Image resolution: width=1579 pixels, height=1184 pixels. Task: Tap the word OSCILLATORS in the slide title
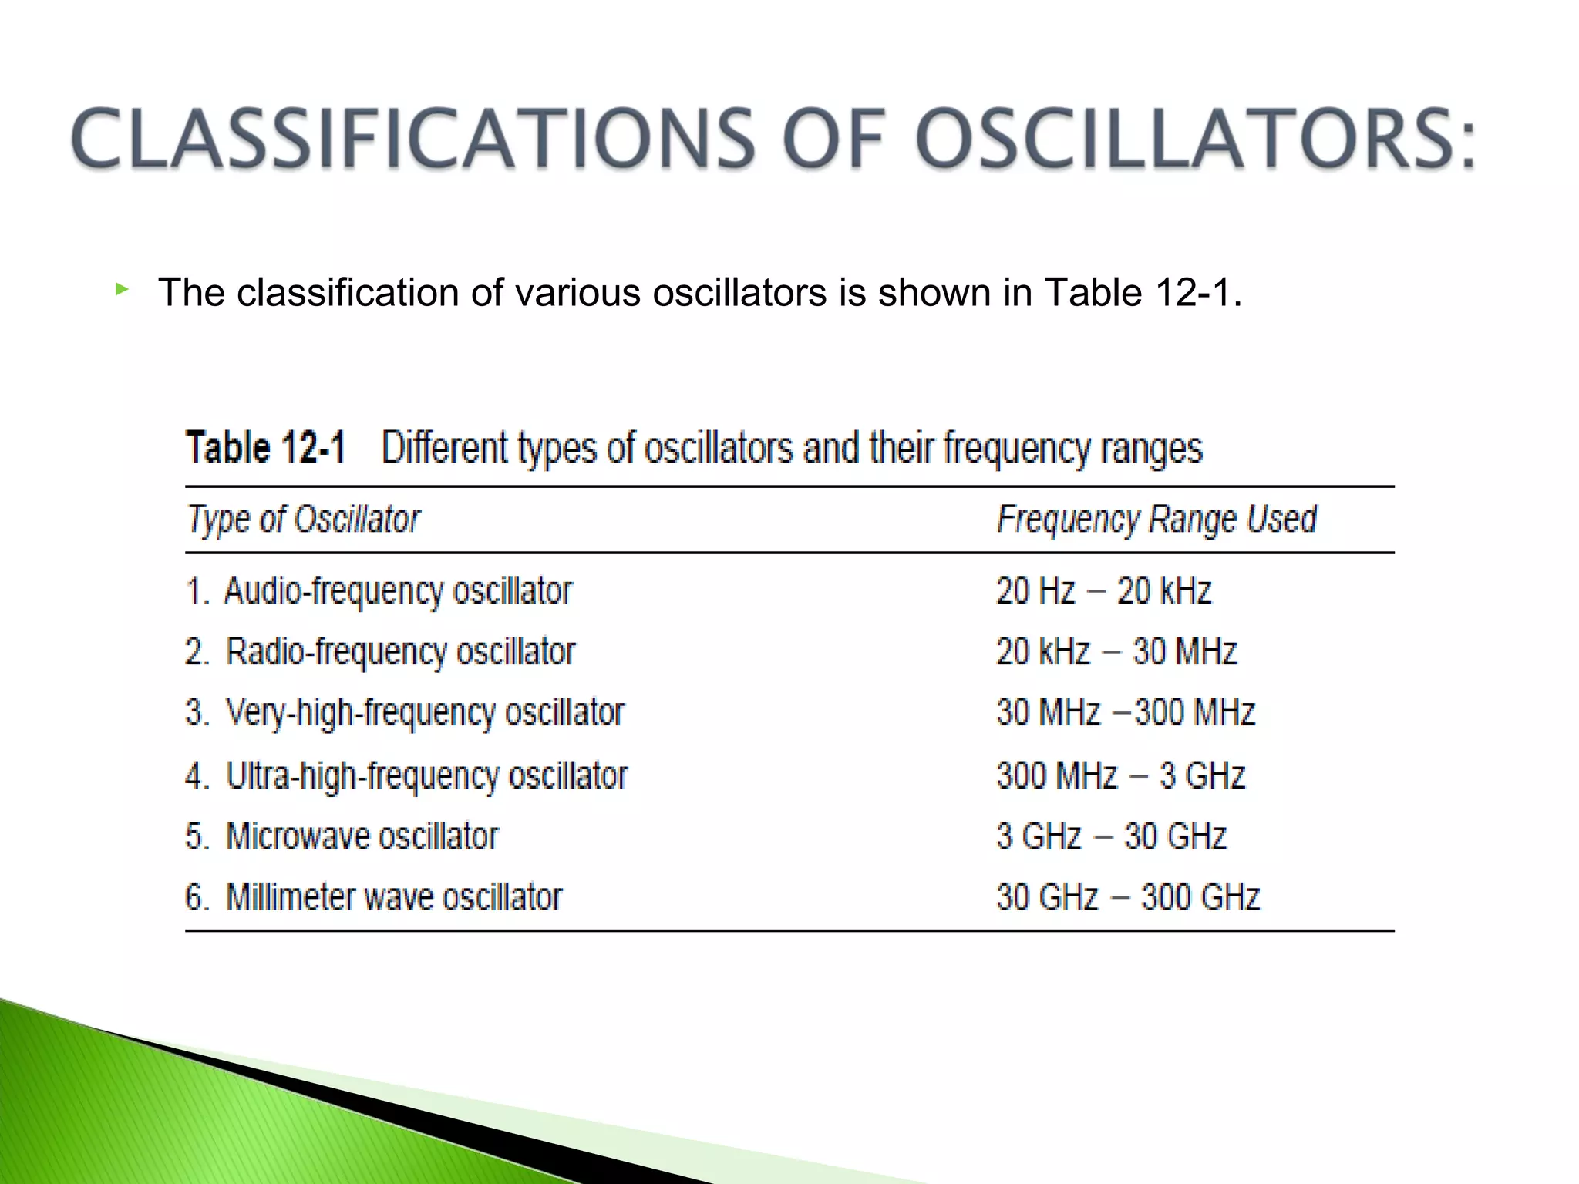click(x=1194, y=139)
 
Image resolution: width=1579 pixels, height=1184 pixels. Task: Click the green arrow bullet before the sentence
click(x=121, y=290)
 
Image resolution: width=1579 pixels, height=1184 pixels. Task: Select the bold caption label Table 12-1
click(x=266, y=448)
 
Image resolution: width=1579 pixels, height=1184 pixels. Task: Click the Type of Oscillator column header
click(x=304, y=519)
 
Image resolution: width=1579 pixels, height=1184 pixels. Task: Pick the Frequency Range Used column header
click(x=1156, y=519)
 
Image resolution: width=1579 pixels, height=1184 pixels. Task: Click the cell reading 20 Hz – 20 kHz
click(x=1103, y=591)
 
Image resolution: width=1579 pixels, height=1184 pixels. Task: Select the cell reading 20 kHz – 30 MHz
click(x=1116, y=652)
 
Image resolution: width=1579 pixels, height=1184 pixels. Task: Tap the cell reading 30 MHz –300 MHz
click(x=1126, y=712)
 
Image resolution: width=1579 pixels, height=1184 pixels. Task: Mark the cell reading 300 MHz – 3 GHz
click(x=1120, y=775)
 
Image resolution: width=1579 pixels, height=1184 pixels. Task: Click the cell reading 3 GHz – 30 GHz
click(x=1111, y=836)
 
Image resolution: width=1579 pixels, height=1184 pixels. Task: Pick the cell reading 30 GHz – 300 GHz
click(x=1128, y=897)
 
